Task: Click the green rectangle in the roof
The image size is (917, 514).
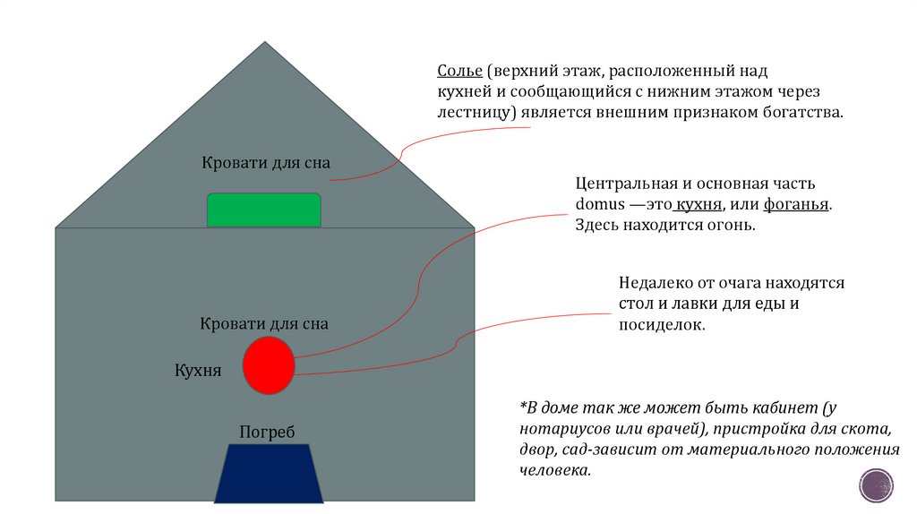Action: (x=264, y=210)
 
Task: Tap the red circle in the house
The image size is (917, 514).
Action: (x=270, y=365)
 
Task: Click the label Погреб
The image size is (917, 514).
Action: (x=267, y=433)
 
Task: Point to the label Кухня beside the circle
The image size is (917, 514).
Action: (x=198, y=371)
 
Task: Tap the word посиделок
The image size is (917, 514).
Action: (x=662, y=326)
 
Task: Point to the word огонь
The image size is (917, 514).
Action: (x=733, y=226)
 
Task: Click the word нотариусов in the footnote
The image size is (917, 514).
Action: (x=559, y=428)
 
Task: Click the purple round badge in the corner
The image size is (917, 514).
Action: (x=875, y=486)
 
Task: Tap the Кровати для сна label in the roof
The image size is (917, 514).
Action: (x=266, y=163)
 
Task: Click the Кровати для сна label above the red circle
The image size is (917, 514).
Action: (x=264, y=323)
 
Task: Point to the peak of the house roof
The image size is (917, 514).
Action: (x=265, y=43)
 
